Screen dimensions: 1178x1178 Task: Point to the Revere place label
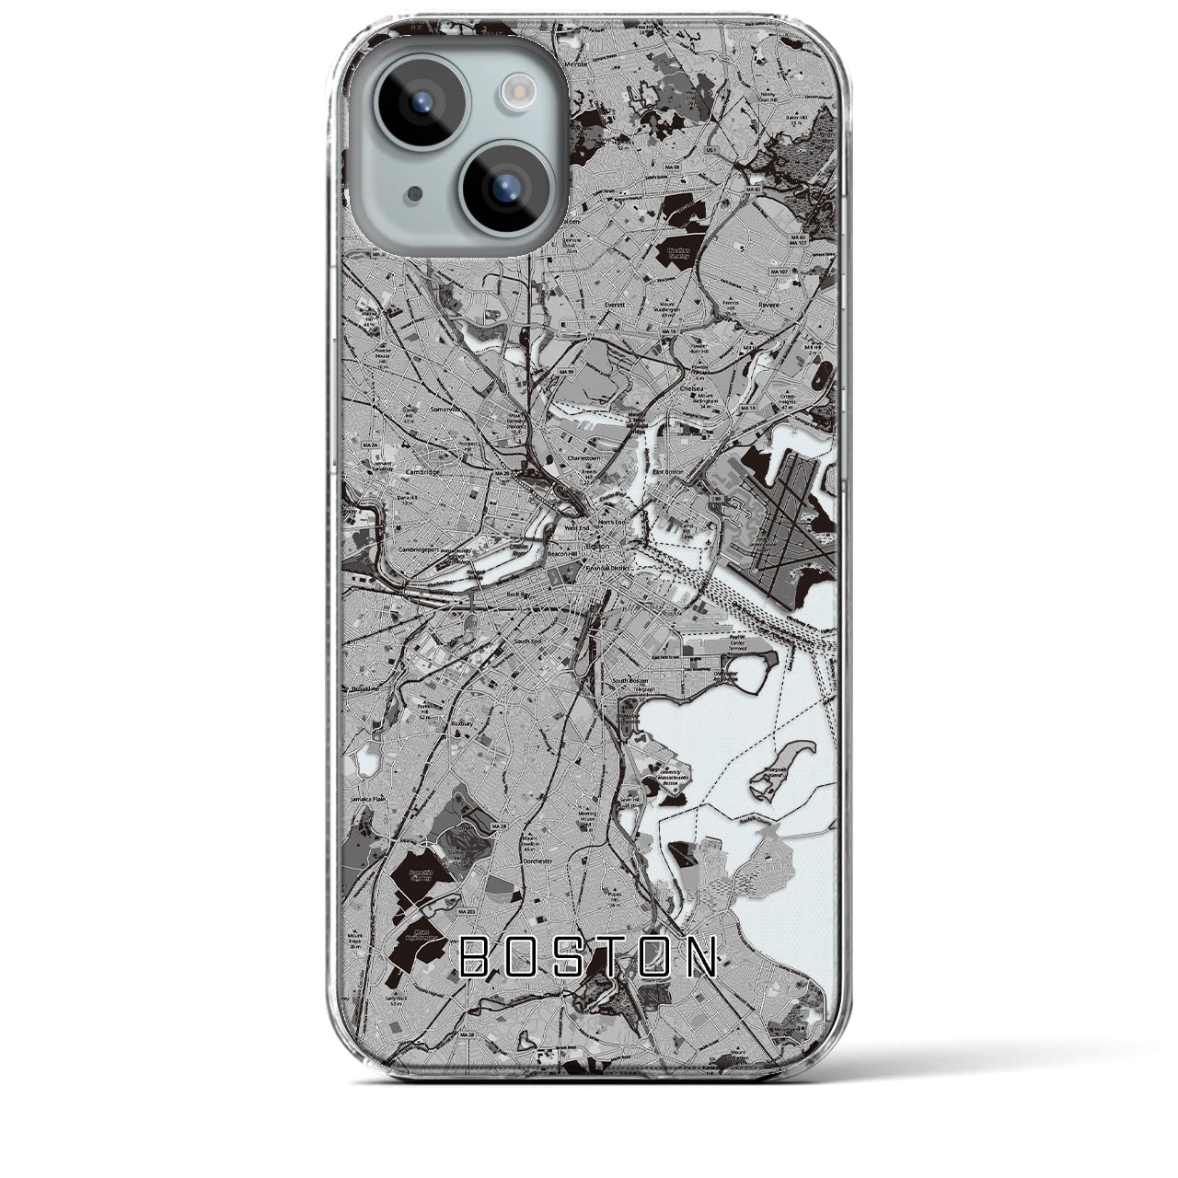[x=768, y=305]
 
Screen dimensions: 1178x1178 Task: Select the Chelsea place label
[x=690, y=388]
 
